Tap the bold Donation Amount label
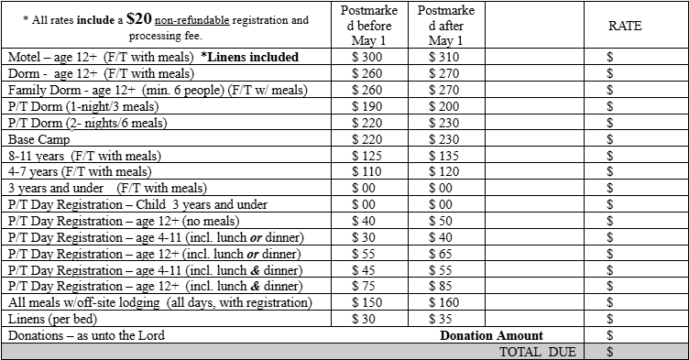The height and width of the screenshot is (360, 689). point(491,335)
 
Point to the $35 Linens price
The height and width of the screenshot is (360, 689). point(444,319)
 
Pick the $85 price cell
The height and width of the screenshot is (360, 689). point(444,286)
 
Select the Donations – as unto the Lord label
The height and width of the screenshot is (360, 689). point(86,335)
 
